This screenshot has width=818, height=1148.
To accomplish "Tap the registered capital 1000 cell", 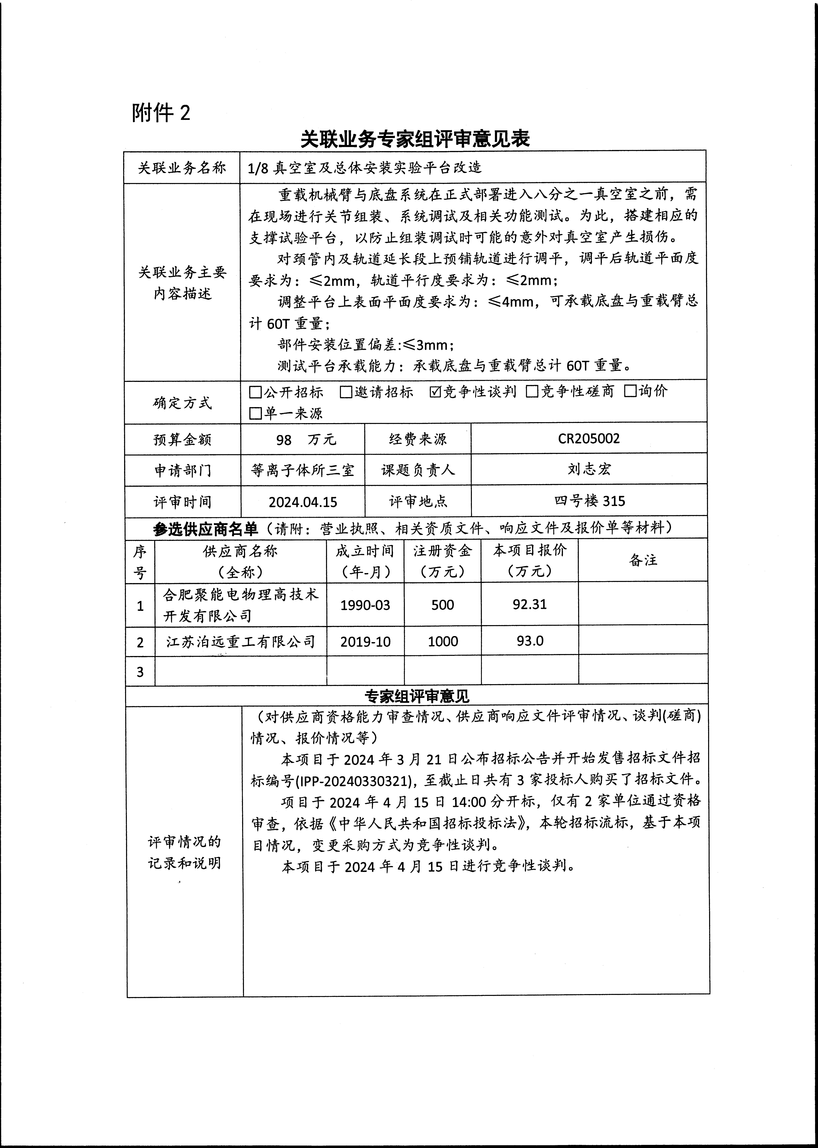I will point(443,641).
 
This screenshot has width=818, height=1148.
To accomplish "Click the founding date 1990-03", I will point(365,605).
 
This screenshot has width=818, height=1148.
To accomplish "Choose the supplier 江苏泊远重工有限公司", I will point(241,641).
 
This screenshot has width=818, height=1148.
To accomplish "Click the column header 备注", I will point(643,560).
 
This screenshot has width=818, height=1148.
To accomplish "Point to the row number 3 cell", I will point(140,671).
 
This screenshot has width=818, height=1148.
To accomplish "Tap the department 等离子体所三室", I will point(303,470).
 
